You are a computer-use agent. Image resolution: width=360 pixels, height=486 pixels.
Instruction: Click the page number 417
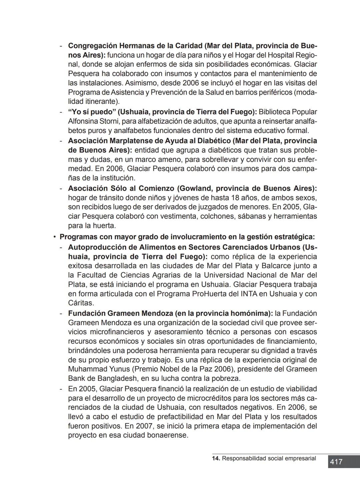(336, 462)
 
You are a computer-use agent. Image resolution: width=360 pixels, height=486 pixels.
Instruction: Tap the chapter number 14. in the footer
(216, 458)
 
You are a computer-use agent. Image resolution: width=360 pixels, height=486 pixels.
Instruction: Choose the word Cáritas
(81, 303)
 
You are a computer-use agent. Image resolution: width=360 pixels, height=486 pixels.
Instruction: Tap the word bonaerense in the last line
(168, 435)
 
